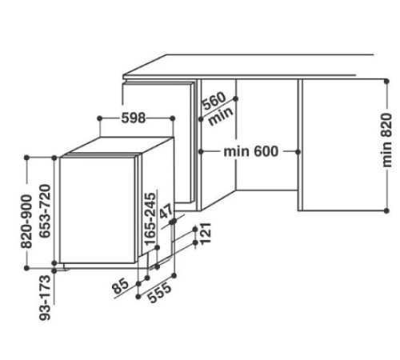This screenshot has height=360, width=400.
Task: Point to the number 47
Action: coord(166,214)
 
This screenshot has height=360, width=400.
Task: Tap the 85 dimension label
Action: coord(122,286)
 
